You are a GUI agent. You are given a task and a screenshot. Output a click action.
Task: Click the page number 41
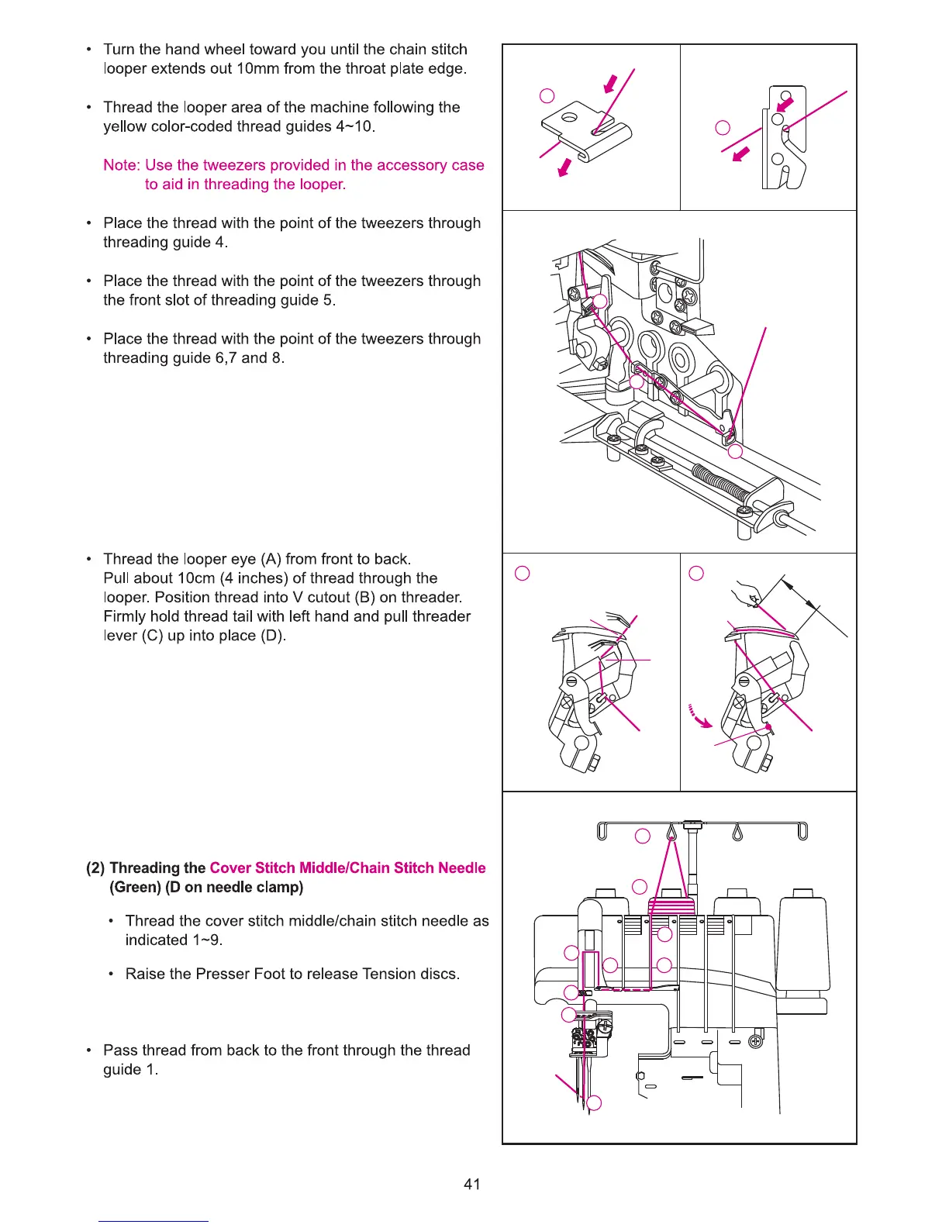(471, 1184)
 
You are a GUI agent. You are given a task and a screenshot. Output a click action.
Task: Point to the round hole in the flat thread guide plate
(569, 118)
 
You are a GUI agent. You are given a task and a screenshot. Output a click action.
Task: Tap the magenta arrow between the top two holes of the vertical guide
(785, 104)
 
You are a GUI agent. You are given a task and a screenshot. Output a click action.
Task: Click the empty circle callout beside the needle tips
(595, 1103)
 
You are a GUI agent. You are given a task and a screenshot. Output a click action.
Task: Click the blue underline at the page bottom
(154, 1221)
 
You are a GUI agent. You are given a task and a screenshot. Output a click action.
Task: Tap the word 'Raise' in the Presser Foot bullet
(146, 974)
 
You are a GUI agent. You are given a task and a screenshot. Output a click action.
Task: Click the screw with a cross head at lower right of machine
(754, 1041)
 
